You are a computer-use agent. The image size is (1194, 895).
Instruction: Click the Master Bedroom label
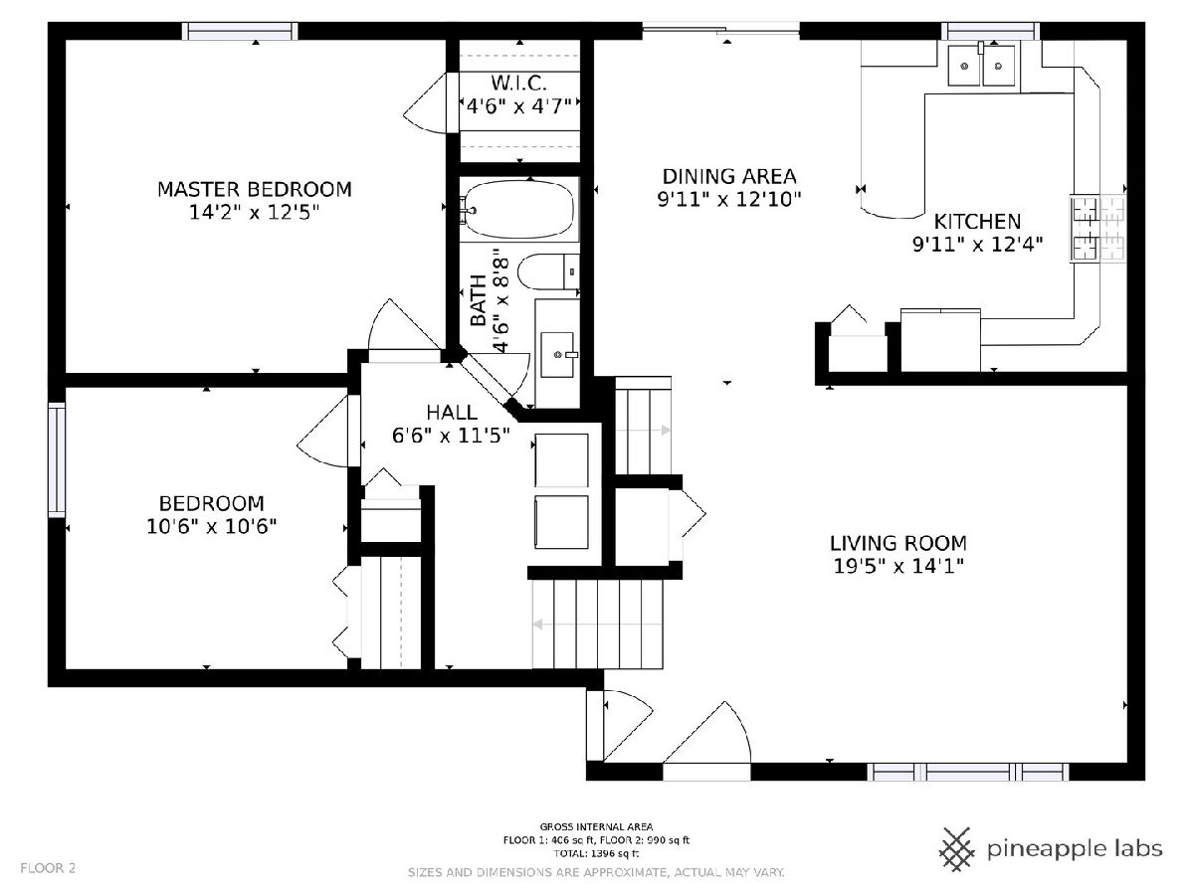click(254, 189)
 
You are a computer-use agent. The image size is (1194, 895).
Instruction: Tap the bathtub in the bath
click(519, 209)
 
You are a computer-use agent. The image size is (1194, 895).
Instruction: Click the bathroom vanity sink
click(557, 354)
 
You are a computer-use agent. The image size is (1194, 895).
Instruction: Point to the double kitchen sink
click(981, 65)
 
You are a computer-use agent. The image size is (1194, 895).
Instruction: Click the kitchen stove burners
click(1098, 229)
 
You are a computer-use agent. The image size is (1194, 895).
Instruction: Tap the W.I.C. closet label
click(519, 84)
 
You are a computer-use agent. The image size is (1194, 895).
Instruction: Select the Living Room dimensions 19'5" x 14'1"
click(898, 566)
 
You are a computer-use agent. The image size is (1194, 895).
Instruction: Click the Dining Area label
click(729, 177)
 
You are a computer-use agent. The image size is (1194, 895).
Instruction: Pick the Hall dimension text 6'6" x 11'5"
click(451, 436)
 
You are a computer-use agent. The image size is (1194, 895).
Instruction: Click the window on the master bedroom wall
click(240, 31)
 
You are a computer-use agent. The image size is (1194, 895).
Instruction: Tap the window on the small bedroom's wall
click(57, 460)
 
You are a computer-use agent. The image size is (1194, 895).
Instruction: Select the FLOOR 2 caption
click(48, 868)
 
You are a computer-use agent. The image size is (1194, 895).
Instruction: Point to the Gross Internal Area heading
click(596, 827)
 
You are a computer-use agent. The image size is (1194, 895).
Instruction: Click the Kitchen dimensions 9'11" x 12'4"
click(977, 245)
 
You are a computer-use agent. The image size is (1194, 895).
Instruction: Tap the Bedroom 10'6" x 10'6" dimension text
click(212, 527)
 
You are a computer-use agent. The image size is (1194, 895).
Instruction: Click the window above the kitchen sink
click(991, 31)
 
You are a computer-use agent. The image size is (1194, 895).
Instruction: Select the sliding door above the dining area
click(720, 31)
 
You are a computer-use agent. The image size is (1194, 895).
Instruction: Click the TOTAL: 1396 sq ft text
click(596, 853)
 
